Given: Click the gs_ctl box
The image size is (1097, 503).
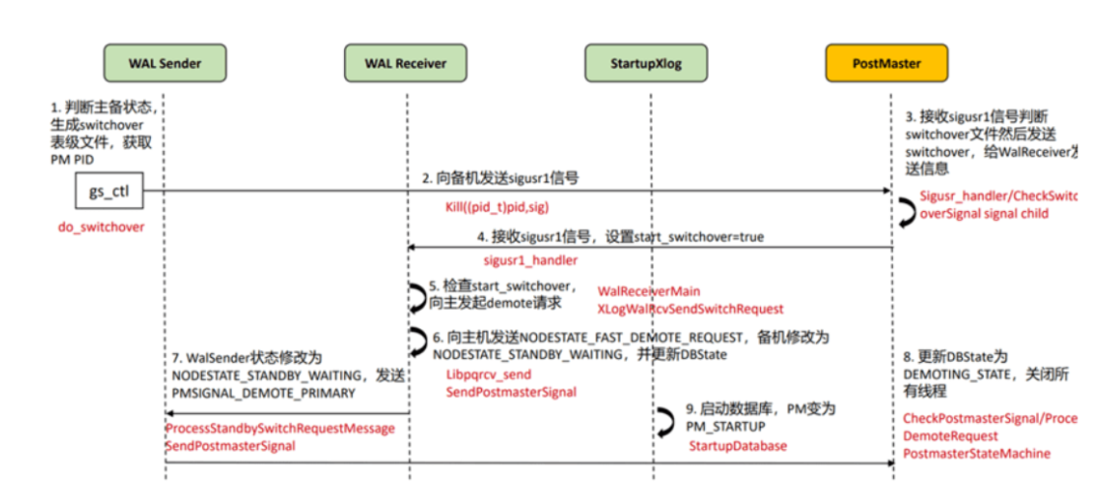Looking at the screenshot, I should (109, 191).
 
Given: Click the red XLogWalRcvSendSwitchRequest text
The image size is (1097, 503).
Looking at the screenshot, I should (690, 309).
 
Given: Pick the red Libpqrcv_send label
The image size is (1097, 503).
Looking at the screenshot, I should (489, 375).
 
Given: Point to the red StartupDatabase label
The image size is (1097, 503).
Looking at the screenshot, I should (737, 447).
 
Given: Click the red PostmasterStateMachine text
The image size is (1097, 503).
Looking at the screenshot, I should (976, 454).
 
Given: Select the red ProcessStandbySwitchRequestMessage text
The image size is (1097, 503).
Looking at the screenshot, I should (280, 429).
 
